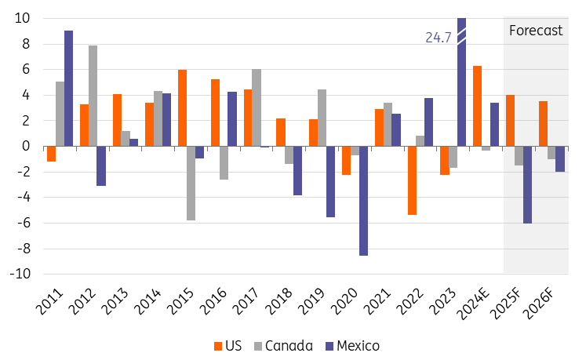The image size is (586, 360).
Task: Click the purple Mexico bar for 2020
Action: coord(363,201)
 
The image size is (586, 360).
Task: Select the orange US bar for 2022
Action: coord(412,180)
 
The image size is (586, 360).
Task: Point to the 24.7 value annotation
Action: coord(437,37)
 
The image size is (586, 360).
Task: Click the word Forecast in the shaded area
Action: coord(536,31)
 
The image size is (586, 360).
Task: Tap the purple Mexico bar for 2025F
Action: coord(527,185)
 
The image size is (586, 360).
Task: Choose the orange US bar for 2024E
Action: coord(477,106)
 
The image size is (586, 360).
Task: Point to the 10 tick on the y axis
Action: coord(23,18)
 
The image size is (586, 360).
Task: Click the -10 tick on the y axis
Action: coord(20,275)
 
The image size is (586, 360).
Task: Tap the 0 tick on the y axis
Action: coord(26,147)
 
